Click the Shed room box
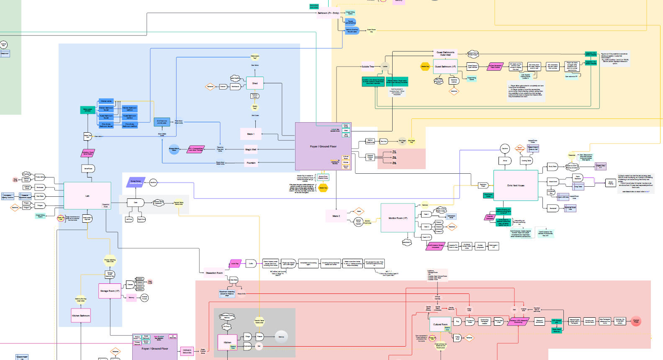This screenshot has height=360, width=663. [x=255, y=83]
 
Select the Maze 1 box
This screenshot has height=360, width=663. [x=251, y=134]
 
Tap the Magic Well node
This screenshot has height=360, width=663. [x=251, y=149]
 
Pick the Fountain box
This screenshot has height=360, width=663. [x=251, y=163]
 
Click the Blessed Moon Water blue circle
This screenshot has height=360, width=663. [x=174, y=149]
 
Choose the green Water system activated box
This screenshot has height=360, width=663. [x=87, y=110]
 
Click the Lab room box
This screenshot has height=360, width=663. [x=87, y=196]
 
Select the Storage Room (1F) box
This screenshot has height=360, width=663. [x=110, y=291]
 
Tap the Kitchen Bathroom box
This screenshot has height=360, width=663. [x=81, y=316]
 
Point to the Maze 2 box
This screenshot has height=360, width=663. [x=336, y=216]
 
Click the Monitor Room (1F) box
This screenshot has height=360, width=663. [x=398, y=218]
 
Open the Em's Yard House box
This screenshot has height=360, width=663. [x=516, y=185]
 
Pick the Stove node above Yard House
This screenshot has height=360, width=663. [x=505, y=160]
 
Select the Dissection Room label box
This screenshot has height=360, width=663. [x=214, y=273]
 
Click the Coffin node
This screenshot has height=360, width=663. [x=251, y=264]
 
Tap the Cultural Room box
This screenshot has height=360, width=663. [x=440, y=324]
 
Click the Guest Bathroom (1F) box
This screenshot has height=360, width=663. [x=445, y=67]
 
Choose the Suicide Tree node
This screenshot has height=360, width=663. [x=368, y=67]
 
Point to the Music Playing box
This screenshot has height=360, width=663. [x=611, y=183]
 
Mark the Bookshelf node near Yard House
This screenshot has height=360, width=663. [x=552, y=208]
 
